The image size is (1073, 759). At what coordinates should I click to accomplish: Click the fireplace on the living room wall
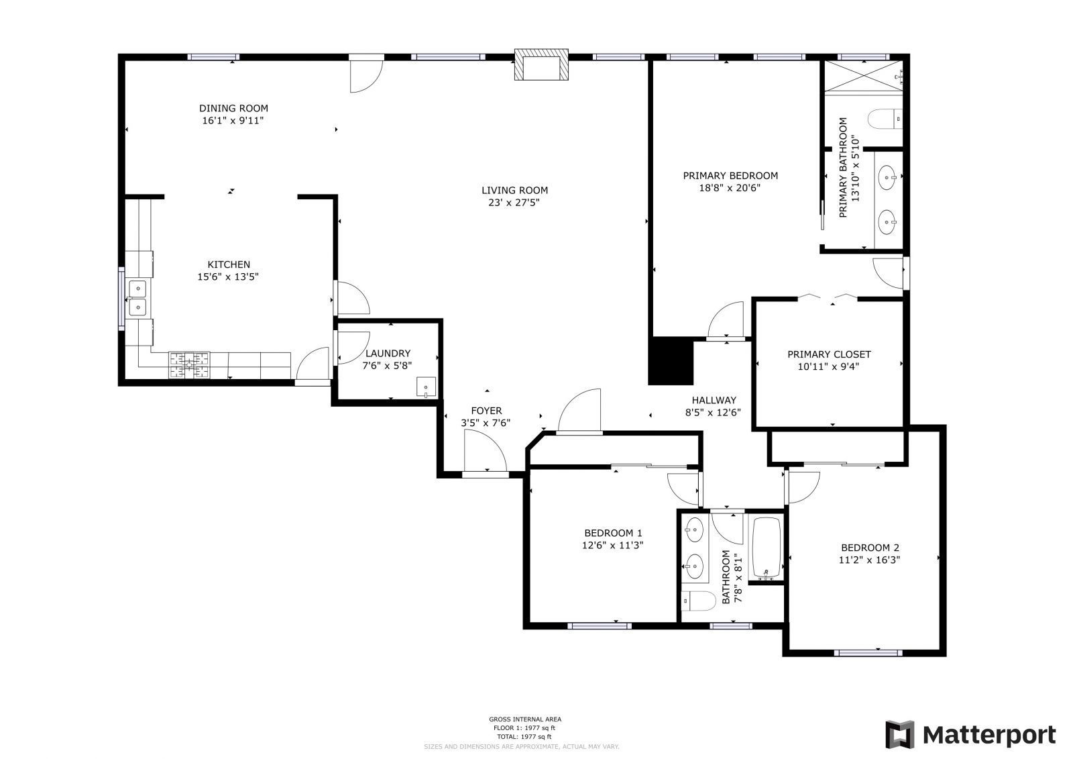tap(541, 64)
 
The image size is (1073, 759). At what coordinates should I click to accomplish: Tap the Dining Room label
tap(233, 108)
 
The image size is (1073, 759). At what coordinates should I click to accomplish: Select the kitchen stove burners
tap(189, 365)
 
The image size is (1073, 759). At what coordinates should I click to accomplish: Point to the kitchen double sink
tap(137, 298)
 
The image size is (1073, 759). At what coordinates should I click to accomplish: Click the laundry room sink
tap(426, 387)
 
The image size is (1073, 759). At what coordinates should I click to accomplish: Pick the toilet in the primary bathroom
tap(886, 119)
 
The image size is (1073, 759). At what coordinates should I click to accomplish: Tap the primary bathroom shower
tap(863, 75)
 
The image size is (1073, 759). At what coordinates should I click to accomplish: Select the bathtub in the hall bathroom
tap(767, 548)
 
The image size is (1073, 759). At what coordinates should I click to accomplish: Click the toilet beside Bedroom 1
tap(698, 601)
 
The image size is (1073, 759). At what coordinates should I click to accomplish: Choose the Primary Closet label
tap(829, 354)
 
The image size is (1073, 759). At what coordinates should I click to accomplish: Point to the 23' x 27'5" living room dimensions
tap(514, 203)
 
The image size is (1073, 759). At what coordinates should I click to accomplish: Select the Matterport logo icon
tap(899, 734)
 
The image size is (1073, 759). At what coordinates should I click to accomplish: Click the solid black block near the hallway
tap(671, 360)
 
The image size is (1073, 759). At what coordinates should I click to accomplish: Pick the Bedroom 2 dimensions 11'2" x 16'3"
tap(869, 560)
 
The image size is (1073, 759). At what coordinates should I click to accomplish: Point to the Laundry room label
tap(388, 354)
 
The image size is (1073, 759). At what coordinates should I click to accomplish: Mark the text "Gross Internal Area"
tap(525, 719)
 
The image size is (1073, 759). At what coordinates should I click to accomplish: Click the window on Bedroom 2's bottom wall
tap(868, 652)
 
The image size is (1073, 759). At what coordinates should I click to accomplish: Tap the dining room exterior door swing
tap(366, 75)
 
